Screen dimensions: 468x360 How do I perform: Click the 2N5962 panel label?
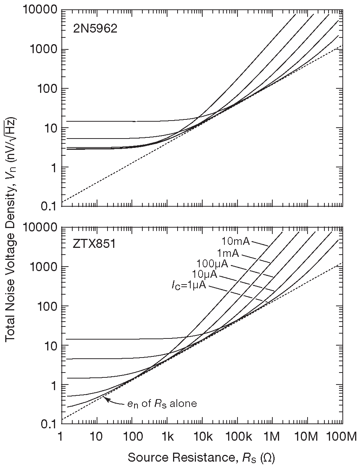tap(95, 29)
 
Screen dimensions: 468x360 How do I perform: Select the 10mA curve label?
tap(236, 240)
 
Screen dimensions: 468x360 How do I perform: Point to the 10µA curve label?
tap(205, 275)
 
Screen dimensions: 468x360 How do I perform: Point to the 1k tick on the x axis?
tap(167, 437)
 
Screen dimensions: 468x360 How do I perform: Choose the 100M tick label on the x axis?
tap(342, 437)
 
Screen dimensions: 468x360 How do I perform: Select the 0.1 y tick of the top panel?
tap(48, 206)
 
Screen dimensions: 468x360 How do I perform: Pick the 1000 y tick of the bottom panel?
tap(43, 267)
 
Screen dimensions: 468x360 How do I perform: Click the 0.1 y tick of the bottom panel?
tap(48, 424)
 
